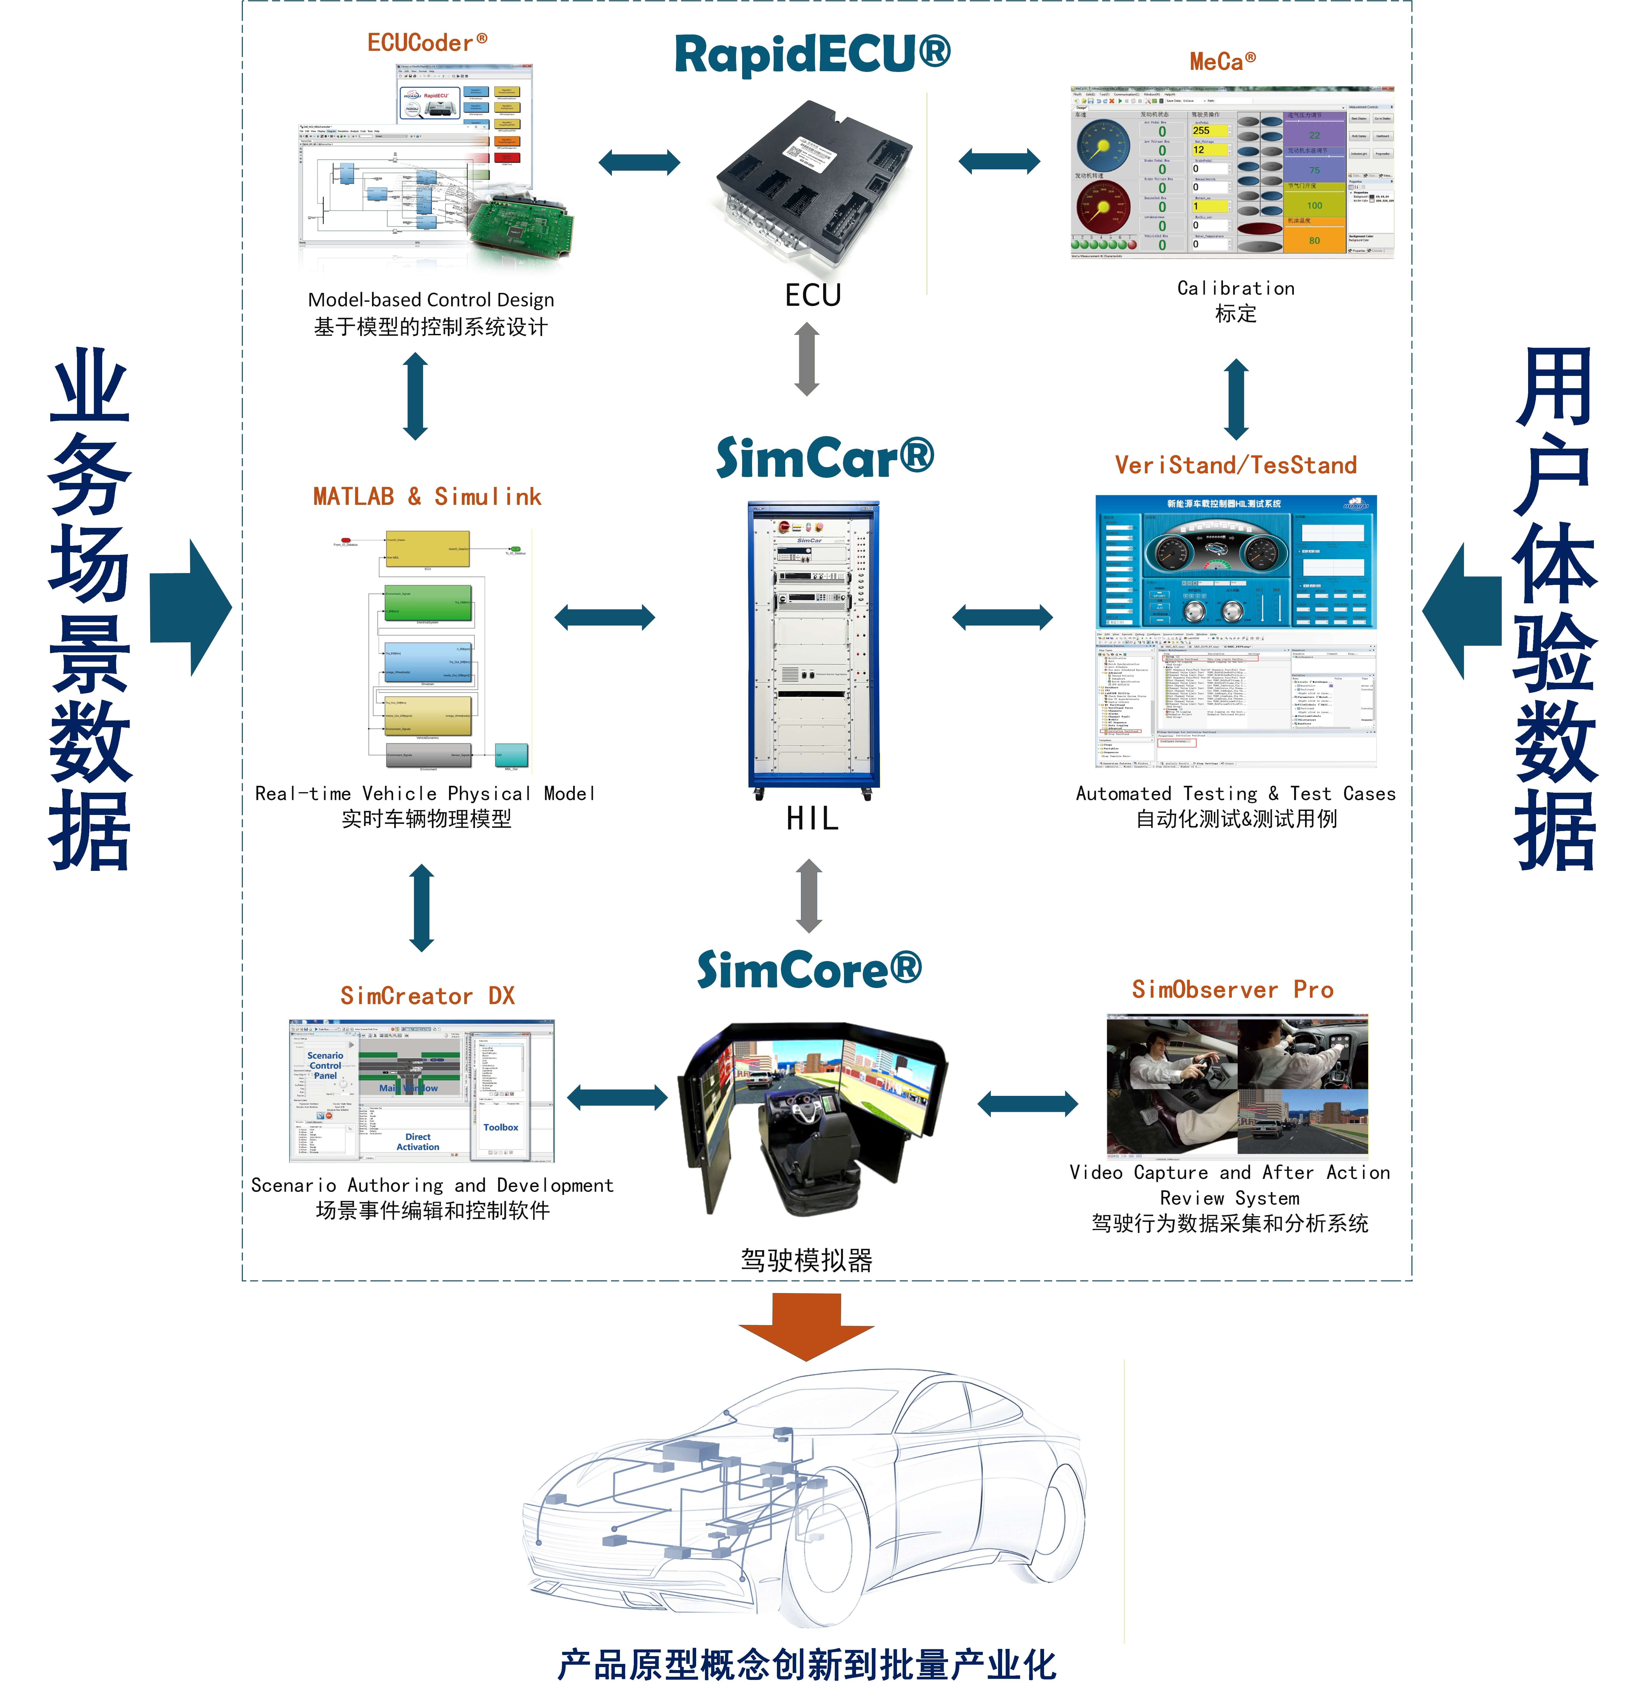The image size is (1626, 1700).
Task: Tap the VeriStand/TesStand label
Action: pos(1235,466)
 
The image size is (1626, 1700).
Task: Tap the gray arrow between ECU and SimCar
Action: pos(807,359)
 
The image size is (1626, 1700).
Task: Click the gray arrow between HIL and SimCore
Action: pos(809,895)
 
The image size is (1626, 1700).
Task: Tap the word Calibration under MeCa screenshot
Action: pos(1235,288)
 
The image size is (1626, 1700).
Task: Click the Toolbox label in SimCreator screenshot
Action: pos(501,1127)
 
